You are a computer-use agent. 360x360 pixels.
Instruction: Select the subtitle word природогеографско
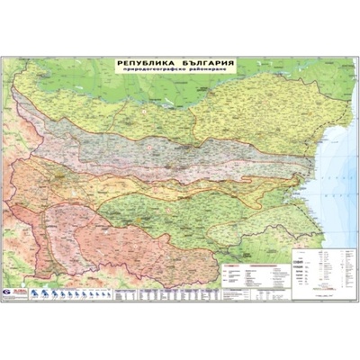[153, 72]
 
